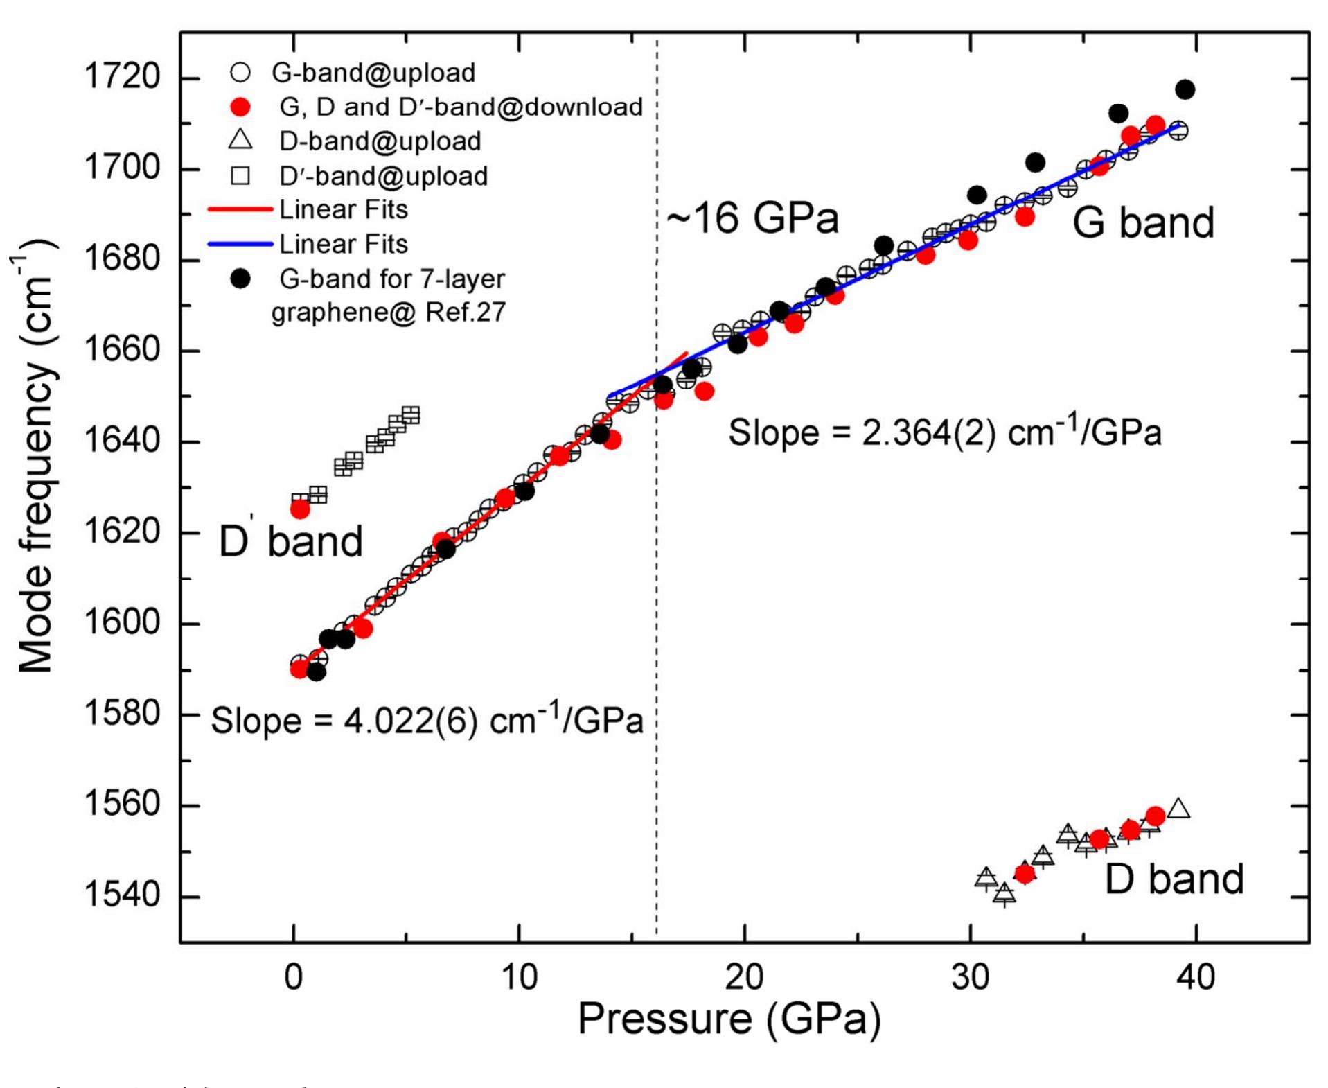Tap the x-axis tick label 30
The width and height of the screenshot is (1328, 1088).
click(970, 976)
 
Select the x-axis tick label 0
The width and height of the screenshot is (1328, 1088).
click(294, 976)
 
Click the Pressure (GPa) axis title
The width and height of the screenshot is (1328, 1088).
click(729, 1019)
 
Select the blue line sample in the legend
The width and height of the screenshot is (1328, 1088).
click(240, 244)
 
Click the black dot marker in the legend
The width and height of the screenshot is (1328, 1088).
click(240, 279)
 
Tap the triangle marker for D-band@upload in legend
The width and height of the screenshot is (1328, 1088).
click(240, 141)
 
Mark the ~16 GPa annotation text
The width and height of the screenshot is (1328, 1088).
click(752, 218)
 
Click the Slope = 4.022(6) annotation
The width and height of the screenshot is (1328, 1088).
click(427, 721)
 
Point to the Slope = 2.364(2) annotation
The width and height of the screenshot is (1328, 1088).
click(944, 432)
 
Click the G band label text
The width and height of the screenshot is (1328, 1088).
click(1142, 222)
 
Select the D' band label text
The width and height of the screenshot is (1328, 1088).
click(290, 541)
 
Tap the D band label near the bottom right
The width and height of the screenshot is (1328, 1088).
click(1174, 879)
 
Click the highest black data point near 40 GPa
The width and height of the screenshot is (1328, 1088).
click(1185, 89)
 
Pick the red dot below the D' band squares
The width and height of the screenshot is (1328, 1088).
click(300, 509)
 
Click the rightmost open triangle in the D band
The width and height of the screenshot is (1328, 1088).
click(1178, 809)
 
